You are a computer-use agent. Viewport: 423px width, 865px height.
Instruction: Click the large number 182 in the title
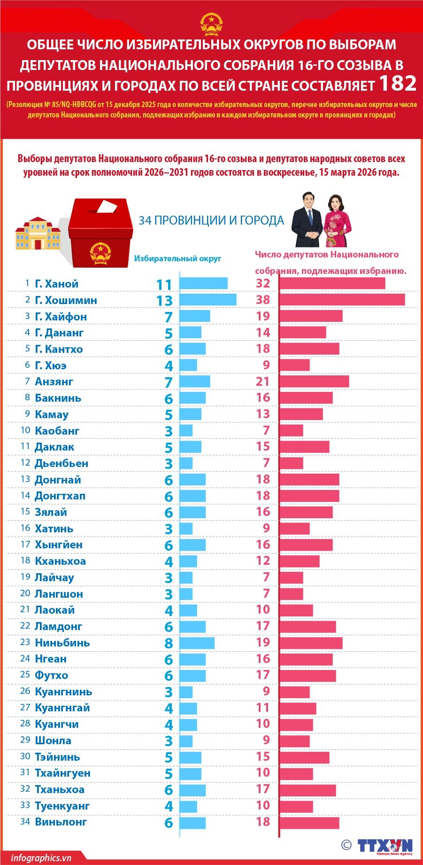tap(397, 83)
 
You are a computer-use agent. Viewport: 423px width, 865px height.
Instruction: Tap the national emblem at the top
tap(211, 24)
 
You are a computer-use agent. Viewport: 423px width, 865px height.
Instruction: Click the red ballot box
tap(99, 233)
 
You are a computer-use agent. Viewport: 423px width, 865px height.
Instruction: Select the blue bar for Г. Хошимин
tap(208, 300)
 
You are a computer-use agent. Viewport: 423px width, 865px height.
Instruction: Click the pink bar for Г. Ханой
tap(332, 283)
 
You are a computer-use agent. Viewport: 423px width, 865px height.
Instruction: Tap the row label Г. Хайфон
tap(61, 317)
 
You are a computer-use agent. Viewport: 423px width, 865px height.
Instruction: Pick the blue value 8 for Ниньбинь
tap(169, 643)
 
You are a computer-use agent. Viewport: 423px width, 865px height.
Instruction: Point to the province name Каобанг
tap(57, 431)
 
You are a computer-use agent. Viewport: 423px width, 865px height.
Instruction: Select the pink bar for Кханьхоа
tap(300, 561)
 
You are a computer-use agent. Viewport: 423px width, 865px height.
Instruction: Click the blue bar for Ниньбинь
tap(197, 643)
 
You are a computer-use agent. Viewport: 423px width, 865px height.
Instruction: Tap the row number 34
tap(25, 821)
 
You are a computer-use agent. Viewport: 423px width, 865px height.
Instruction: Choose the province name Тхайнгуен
tap(62, 773)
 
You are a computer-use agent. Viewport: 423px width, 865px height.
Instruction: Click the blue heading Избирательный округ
tap(177, 258)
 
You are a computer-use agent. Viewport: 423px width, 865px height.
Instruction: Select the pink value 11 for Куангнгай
tap(263, 708)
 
